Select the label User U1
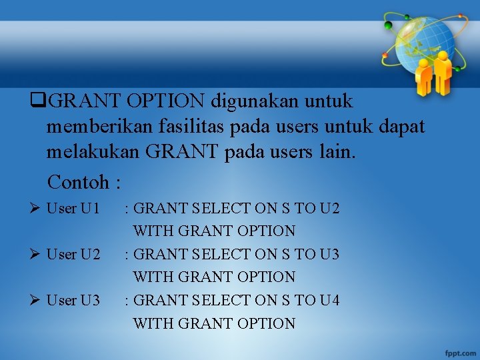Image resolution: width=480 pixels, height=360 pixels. [x=73, y=209]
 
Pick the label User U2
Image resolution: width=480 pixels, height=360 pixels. [x=73, y=255]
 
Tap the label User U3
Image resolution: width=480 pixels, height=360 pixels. [x=73, y=301]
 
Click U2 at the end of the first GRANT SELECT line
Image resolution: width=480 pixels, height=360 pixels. [x=329, y=209]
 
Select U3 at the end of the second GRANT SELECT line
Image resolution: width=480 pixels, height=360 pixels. [x=329, y=255]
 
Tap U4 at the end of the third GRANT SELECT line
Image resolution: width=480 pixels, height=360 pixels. [x=329, y=301]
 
